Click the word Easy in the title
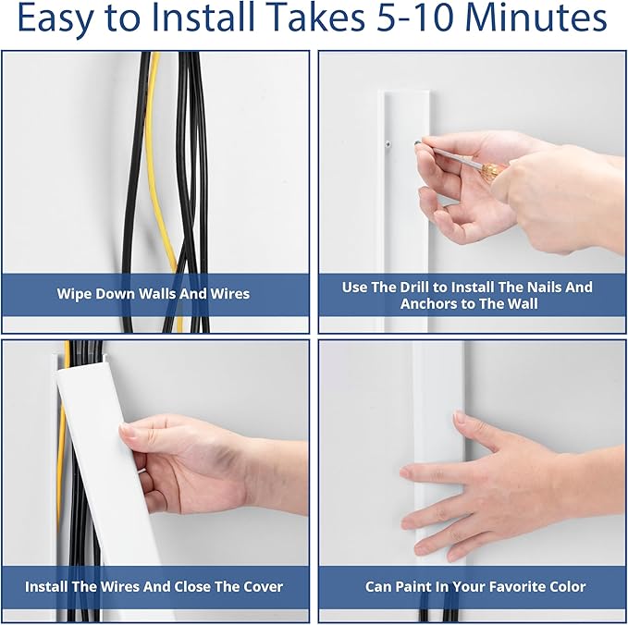click(x=55, y=18)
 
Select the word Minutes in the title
click(x=536, y=18)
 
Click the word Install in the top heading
click(x=203, y=18)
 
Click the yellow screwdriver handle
click(x=492, y=171)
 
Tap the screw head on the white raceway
click(x=388, y=143)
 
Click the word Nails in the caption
click(x=546, y=288)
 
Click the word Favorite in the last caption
click(x=520, y=587)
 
